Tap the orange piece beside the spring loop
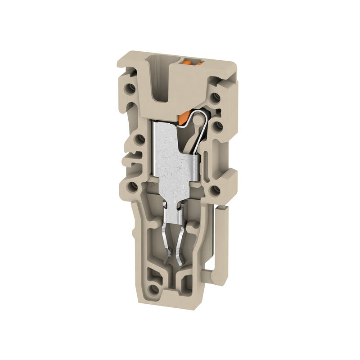coord(182,118)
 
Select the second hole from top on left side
coord(139,139)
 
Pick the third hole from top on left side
coord(133,186)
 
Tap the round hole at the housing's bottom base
coord(154,289)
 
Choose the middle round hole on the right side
coord(218,126)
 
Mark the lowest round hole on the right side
coord(215,191)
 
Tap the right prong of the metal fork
coord(182,245)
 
